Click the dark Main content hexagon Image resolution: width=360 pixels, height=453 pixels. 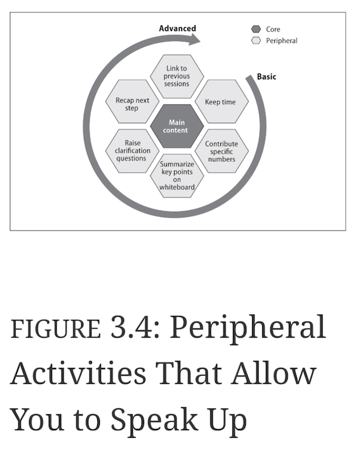tap(177, 126)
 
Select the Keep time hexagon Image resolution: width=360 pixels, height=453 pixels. tap(222, 102)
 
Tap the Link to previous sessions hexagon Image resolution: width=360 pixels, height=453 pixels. tap(177, 76)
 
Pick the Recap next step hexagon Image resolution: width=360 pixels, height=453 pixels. tap(132, 102)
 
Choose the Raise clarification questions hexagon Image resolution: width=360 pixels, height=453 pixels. tap(132, 151)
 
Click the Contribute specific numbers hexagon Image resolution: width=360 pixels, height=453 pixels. tap(222, 151)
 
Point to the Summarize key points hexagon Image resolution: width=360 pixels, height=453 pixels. tap(177, 176)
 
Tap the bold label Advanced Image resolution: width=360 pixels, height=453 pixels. tap(178, 29)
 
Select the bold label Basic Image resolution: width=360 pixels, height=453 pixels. tap(267, 77)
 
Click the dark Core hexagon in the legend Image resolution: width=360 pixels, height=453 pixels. tap(256, 29)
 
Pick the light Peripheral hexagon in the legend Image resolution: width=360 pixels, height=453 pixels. tap(256, 41)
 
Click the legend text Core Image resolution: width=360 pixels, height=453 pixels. tap(273, 29)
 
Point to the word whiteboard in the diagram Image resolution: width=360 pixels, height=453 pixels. tap(177, 187)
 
